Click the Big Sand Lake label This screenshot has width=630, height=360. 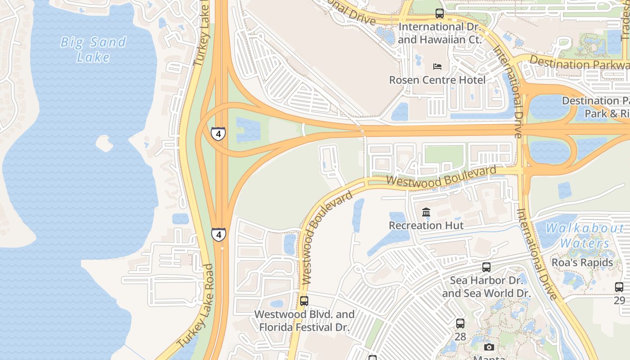point(93,49)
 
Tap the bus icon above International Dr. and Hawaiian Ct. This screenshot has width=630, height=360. point(440,13)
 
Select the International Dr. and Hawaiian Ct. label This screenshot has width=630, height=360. point(440,33)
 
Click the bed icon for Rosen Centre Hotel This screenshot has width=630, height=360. point(437,67)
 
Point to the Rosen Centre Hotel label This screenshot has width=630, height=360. point(437,80)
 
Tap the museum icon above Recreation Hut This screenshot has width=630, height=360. point(426,212)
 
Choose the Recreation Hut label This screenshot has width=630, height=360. point(426,225)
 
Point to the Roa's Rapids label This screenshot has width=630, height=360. point(582,262)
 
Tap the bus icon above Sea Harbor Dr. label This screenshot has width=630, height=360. point(486,267)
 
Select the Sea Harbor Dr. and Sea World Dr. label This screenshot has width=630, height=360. point(486,287)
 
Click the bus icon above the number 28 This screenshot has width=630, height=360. point(460,323)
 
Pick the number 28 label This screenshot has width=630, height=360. point(460,336)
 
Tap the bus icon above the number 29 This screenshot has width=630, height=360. point(619,287)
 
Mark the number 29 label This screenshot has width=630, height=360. point(619,300)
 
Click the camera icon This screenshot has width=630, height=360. point(489,347)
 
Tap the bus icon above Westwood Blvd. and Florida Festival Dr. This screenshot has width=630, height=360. point(304,301)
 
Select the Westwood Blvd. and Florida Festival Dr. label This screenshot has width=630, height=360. point(304,320)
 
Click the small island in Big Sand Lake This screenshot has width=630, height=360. point(104,144)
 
